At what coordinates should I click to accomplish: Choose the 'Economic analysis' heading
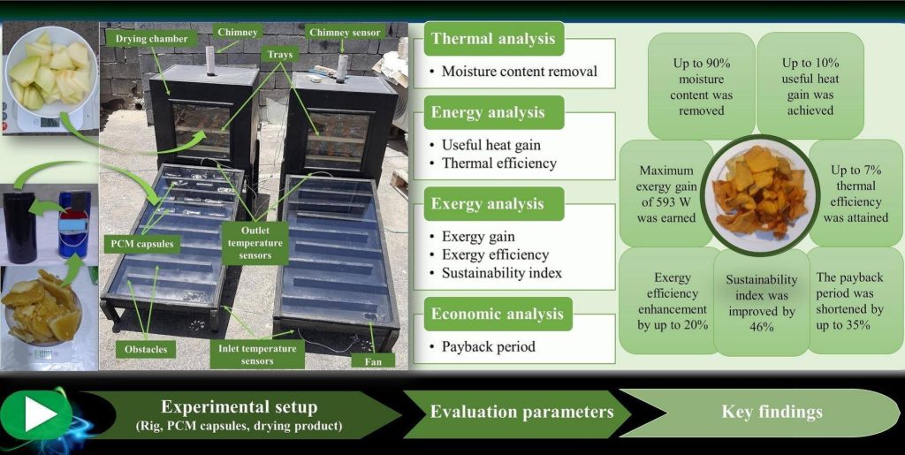[x=497, y=314]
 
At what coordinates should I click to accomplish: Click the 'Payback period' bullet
[x=488, y=346]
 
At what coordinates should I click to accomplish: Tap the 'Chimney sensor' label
[x=344, y=33]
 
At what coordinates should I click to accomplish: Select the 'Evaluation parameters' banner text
[x=521, y=412]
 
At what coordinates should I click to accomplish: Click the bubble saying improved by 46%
[x=761, y=302]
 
